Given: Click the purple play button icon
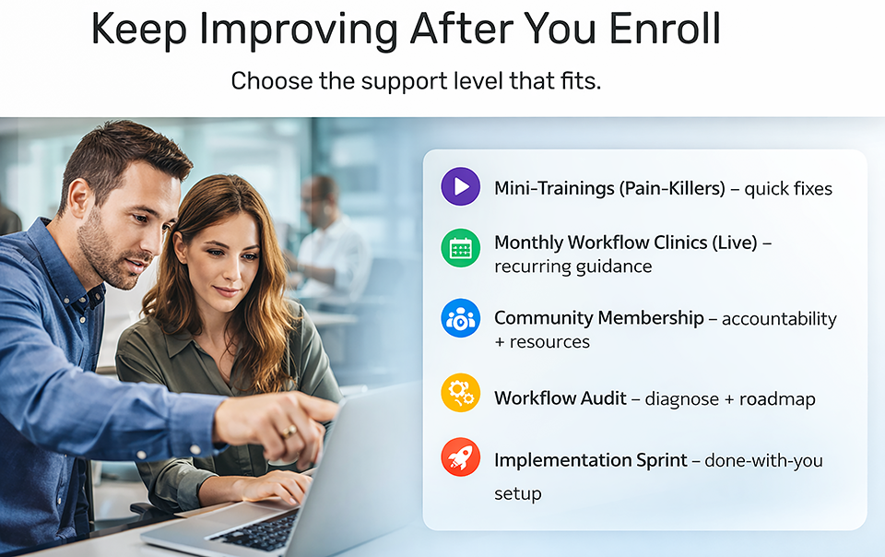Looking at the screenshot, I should (461, 187).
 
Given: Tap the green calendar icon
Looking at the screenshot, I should (461, 247).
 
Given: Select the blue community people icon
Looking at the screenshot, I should (461, 319).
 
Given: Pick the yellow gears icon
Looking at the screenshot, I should (461, 393).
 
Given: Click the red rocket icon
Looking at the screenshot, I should (461, 456).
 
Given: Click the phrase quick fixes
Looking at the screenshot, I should (788, 189).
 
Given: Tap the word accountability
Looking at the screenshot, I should (779, 319).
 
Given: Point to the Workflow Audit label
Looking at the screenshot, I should (560, 398).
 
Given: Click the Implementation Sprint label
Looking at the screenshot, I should (591, 459).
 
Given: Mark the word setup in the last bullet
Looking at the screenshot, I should (517, 493).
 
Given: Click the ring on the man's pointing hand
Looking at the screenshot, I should (289, 432).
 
